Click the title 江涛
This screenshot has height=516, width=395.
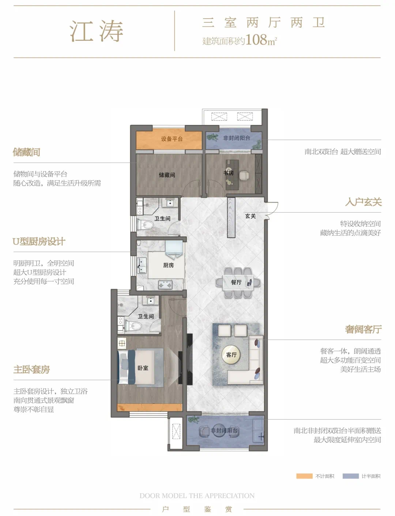click(97, 31)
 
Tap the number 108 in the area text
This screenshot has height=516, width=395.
click(256, 39)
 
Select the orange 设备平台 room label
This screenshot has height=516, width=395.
click(172, 139)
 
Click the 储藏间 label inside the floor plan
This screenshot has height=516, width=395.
click(167, 175)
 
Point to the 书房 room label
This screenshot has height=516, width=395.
click(229, 173)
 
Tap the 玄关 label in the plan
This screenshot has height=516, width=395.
click(250, 216)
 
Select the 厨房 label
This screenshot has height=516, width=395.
click(169, 265)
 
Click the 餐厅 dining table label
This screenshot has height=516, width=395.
click(236, 282)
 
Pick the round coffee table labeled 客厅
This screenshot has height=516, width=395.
click(231, 354)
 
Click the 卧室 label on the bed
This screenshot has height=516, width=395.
click(143, 368)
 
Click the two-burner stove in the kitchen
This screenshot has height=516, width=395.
click(165, 285)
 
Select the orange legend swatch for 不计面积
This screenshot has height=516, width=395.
click(304, 476)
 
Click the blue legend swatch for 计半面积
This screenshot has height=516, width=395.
click(350, 476)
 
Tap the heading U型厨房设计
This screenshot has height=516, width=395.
click(39, 242)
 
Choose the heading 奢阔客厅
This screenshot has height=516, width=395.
click(363, 329)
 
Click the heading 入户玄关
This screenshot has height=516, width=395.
click(363, 202)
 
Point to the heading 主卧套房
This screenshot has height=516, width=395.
click(31, 369)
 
